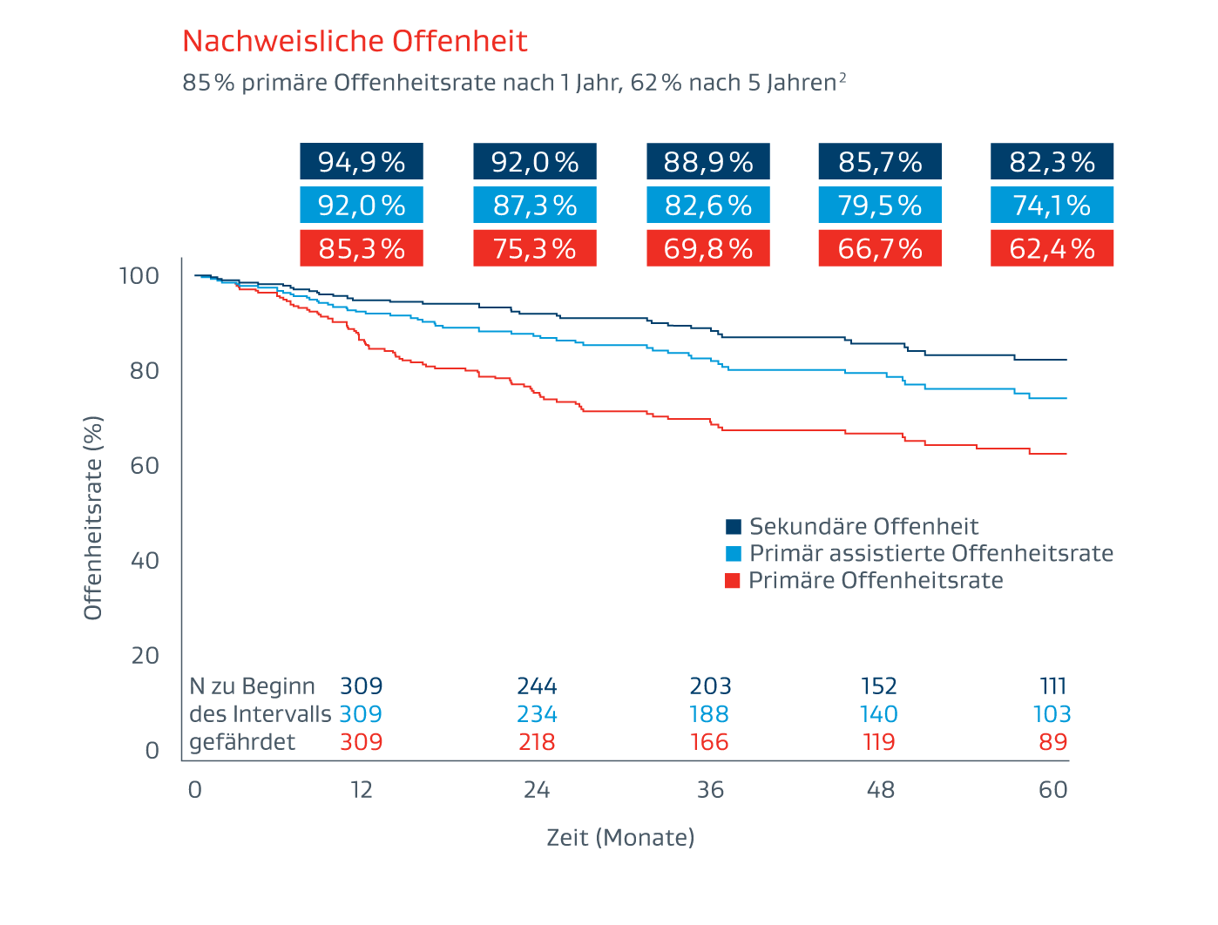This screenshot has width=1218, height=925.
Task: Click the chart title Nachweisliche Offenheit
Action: tap(355, 41)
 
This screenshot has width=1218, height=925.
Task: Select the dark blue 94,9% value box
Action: tap(362, 162)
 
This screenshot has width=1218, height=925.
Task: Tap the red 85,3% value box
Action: tap(362, 249)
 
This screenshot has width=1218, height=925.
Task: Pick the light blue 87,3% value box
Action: tap(535, 206)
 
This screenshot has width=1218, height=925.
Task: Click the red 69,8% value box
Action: tap(708, 249)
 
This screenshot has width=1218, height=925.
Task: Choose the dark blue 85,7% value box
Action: tap(880, 162)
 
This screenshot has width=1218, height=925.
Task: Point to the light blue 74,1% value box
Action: tap(1052, 206)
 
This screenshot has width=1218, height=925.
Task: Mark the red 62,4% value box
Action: tap(1052, 249)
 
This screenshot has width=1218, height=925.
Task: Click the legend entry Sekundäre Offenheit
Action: tap(863, 526)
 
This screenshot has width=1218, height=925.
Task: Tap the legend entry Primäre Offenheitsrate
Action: tap(875, 580)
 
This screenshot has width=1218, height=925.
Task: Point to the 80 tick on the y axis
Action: tap(145, 371)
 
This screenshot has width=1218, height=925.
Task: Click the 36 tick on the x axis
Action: tap(710, 790)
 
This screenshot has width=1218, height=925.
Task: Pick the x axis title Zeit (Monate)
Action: tap(620, 838)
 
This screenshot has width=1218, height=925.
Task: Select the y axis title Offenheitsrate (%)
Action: tap(93, 517)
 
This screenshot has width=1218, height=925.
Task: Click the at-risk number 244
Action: tap(537, 686)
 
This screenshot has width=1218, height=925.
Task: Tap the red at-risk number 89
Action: tap(1053, 742)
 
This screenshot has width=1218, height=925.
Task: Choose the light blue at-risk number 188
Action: tap(709, 714)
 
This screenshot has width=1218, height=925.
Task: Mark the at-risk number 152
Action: tap(879, 686)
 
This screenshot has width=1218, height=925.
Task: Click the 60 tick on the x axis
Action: tap(1053, 790)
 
